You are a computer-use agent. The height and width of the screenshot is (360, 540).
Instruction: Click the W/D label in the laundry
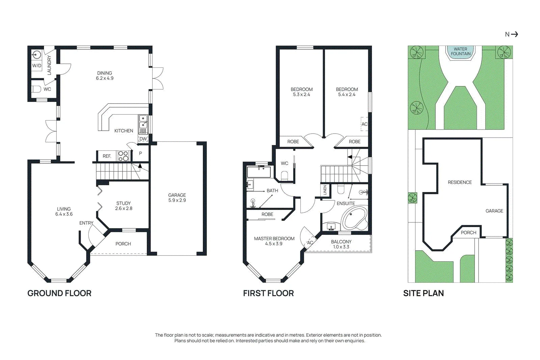click(x=37, y=65)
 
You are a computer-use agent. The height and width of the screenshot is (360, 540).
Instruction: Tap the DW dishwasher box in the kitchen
click(x=143, y=139)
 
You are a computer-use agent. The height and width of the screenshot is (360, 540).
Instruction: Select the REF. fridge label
click(x=107, y=156)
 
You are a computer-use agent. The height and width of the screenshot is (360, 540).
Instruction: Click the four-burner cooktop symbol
click(x=124, y=156)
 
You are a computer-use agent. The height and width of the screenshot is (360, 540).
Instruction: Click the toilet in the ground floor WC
click(x=36, y=89)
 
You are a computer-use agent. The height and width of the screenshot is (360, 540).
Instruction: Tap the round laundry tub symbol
click(x=36, y=55)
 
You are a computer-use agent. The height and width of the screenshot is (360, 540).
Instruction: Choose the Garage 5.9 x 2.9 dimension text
click(x=177, y=198)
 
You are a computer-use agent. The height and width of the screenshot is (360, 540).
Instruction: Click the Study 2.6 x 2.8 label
click(x=124, y=206)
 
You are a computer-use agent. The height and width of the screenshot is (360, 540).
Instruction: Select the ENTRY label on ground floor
click(x=86, y=223)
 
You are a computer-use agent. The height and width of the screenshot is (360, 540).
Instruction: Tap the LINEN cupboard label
click(x=325, y=190)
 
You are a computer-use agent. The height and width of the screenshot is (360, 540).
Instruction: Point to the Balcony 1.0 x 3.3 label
click(x=341, y=244)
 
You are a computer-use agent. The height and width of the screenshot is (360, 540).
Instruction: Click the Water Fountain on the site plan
click(x=461, y=53)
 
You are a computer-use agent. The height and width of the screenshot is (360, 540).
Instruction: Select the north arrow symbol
click(x=514, y=34)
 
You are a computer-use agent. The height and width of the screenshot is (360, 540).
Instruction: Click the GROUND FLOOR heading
click(x=59, y=293)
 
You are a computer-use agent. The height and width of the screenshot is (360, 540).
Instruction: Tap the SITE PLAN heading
click(x=423, y=293)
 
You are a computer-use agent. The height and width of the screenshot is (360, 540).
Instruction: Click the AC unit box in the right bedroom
click(x=364, y=124)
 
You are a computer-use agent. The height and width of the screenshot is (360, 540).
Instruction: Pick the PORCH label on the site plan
click(x=468, y=232)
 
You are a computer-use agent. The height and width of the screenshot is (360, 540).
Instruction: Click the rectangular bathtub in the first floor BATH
click(x=259, y=172)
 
